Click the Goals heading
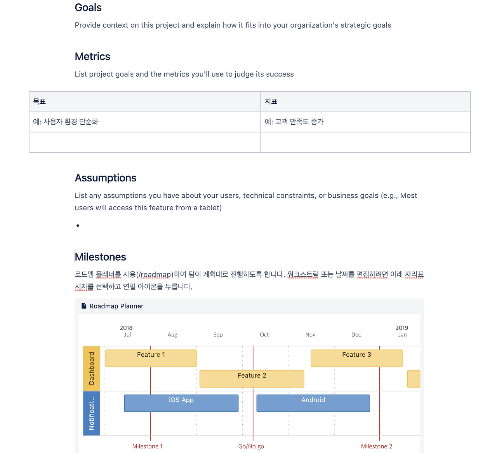88,8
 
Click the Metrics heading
92,57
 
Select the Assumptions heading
106,178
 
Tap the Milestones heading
101,257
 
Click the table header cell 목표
40,102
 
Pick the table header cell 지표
271,102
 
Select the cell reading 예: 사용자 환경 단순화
66,122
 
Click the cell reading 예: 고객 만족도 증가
294,122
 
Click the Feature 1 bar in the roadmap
151,358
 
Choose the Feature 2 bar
252,379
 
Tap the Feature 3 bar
356,358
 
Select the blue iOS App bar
181,403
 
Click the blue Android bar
313,403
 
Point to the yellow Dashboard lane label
92,368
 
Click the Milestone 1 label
148,446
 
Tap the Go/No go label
251,446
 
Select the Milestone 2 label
377,446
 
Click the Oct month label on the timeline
264,335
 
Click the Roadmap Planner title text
116,306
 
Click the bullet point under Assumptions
78,226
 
